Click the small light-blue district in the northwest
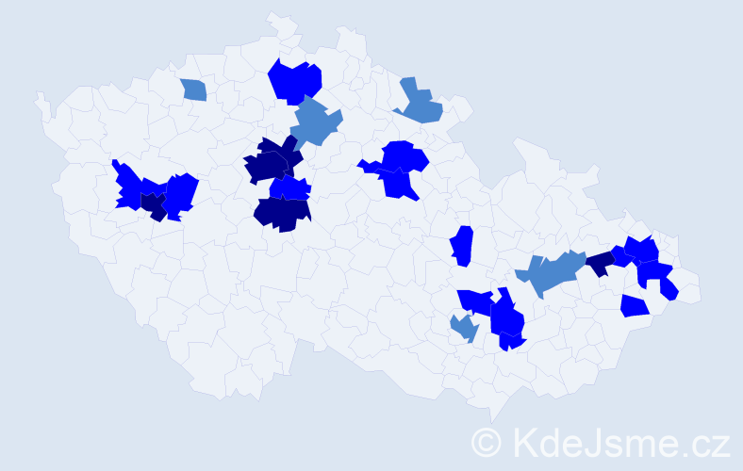tap(194, 89)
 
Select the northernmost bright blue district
tap(295, 80)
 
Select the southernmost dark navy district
tap(282, 214)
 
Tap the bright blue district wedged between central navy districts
tap(290, 188)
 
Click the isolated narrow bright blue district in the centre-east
tap(461, 246)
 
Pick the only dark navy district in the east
tap(599, 264)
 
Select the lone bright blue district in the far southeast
tap(635, 306)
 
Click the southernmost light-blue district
tap(463, 329)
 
